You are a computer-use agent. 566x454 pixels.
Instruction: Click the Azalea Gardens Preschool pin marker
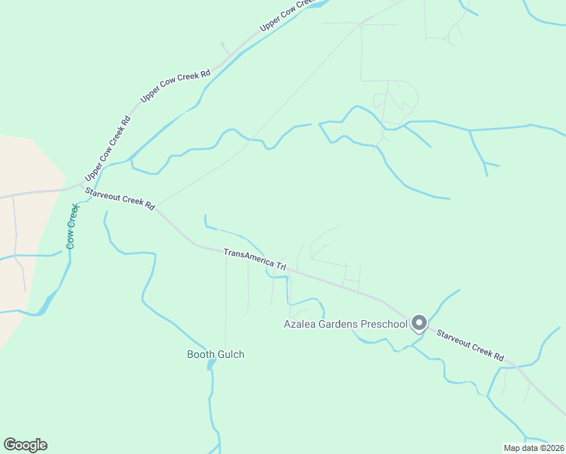coord(418,323)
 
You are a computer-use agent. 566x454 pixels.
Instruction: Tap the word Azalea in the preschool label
coord(299,325)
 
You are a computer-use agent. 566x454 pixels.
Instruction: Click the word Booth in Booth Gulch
coord(201,354)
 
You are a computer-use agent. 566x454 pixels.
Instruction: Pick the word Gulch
coord(231,354)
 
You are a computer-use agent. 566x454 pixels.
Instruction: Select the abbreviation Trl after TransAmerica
coord(281,266)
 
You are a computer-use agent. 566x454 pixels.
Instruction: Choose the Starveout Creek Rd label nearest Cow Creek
coord(120,199)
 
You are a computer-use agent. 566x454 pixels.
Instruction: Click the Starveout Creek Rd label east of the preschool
coord(470,343)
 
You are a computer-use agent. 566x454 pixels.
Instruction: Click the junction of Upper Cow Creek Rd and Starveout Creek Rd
coord(80,185)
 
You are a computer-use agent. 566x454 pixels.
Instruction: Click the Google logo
coord(25,445)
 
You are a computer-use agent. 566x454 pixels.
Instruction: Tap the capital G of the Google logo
coord(10,444)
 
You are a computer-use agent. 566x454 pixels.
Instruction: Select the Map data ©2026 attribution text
coord(533,447)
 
